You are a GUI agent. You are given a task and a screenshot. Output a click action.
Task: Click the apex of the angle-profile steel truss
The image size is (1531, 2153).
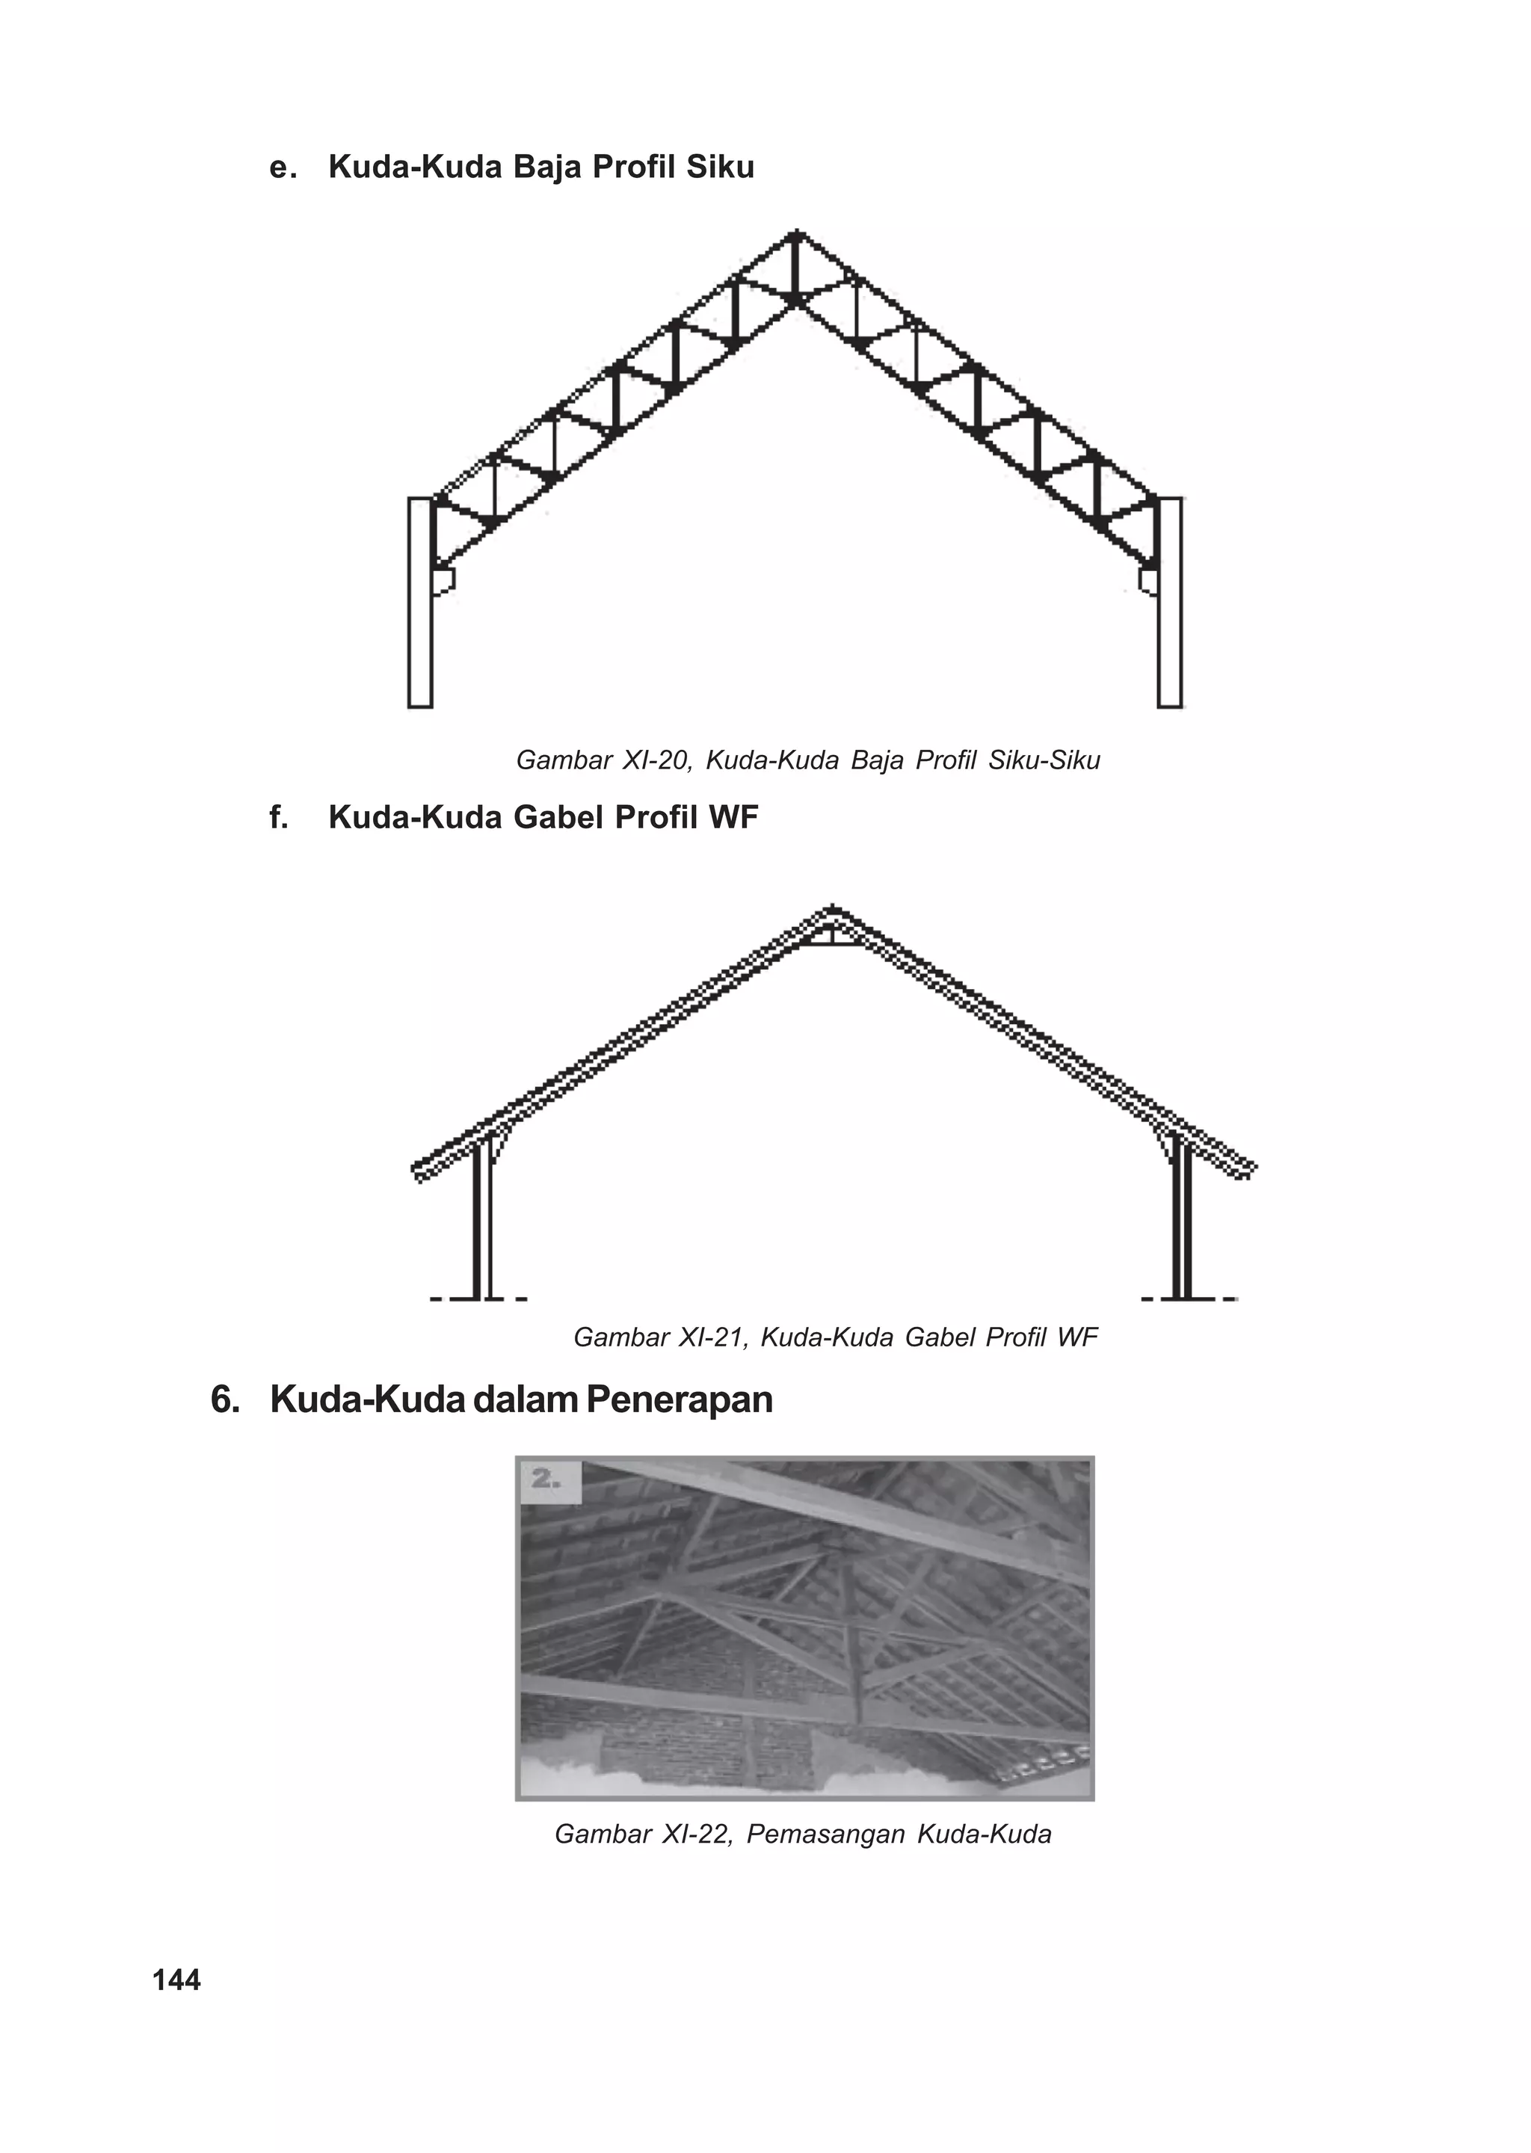tap(798, 234)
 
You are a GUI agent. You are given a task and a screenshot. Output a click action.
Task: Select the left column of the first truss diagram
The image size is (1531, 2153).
tap(419, 603)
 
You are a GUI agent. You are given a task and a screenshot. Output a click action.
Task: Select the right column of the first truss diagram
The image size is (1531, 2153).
tap(1170, 603)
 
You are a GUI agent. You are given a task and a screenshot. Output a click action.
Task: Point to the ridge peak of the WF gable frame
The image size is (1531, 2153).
tap(831, 911)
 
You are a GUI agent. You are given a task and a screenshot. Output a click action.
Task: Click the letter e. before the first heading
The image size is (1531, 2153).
tap(281, 167)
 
